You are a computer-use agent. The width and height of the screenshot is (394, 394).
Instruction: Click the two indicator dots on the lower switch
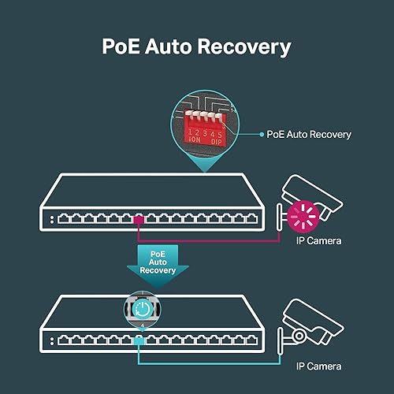(52, 341)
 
